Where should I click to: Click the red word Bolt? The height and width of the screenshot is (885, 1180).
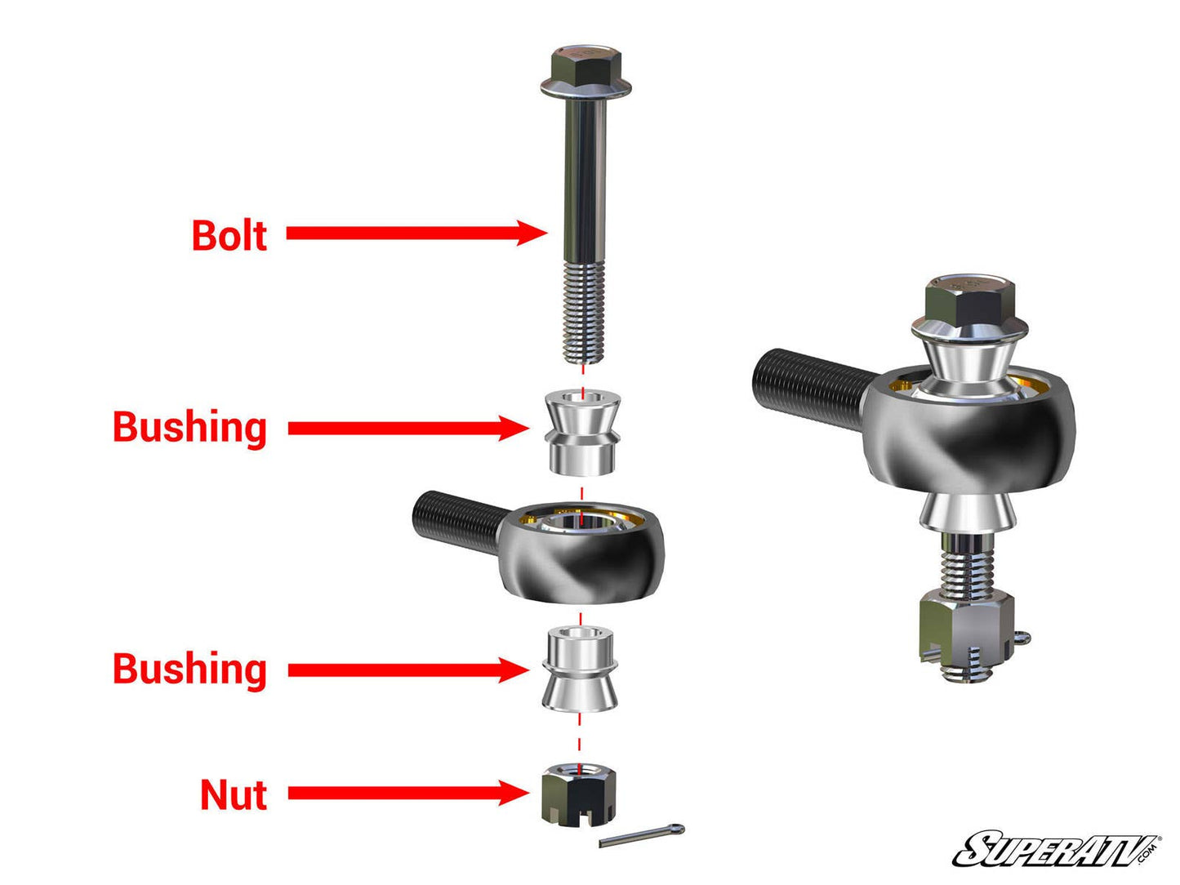coord(229,235)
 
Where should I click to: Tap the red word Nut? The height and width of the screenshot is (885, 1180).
coord(234,794)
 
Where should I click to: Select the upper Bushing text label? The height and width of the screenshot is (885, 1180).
coord(189,427)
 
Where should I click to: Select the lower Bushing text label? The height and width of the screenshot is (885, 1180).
coord(189,669)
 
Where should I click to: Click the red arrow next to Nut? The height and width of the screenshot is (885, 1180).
coord(408,793)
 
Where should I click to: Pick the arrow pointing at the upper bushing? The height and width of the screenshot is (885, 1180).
coord(408,428)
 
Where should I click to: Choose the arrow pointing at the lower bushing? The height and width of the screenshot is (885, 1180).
coord(408,670)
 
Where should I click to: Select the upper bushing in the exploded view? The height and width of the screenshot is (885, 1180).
coord(581,433)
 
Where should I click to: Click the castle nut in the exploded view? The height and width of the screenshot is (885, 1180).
coord(579,794)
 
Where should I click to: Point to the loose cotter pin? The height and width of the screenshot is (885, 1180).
coord(642,836)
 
